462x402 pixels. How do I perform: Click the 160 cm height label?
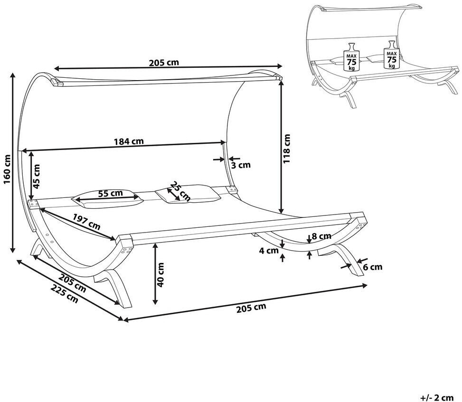tap(8, 169)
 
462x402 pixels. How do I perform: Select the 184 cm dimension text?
tap(129, 141)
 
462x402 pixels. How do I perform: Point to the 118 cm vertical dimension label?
tap(286, 149)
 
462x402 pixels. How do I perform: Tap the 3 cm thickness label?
tap(241, 165)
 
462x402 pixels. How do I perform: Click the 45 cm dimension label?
tap(36, 177)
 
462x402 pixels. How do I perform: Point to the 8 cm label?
tap(321, 236)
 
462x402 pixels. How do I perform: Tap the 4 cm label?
tap(269, 251)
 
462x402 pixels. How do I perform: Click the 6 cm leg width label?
tap(372, 267)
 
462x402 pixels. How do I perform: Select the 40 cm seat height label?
tap(160, 275)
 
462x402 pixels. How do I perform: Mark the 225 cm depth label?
tap(65, 293)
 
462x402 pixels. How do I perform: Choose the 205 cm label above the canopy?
tap(164, 63)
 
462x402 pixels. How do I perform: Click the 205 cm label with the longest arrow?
tap(251, 307)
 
